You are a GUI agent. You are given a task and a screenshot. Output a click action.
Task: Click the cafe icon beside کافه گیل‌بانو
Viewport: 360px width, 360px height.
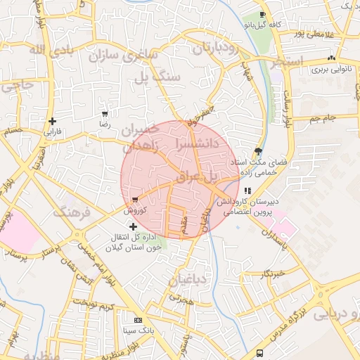(x=262, y=15)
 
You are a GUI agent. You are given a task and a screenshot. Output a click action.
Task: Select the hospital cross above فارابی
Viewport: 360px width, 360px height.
(x=53, y=121)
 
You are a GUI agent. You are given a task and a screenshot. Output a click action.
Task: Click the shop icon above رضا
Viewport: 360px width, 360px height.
(x=105, y=113)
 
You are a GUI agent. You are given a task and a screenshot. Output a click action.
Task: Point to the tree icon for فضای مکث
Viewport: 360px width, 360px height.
(x=259, y=151)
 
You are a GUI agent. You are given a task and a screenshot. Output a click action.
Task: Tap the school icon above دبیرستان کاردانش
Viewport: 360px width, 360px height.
(x=247, y=191)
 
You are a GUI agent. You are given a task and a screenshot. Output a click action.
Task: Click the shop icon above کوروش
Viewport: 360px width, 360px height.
(x=134, y=200)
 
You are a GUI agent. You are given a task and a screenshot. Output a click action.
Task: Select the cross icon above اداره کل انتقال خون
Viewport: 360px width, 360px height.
(x=134, y=226)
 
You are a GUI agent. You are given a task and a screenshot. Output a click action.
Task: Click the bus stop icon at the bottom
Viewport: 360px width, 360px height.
(x=260, y=352)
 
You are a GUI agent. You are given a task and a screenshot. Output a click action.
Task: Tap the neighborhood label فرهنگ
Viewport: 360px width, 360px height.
(x=72, y=211)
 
